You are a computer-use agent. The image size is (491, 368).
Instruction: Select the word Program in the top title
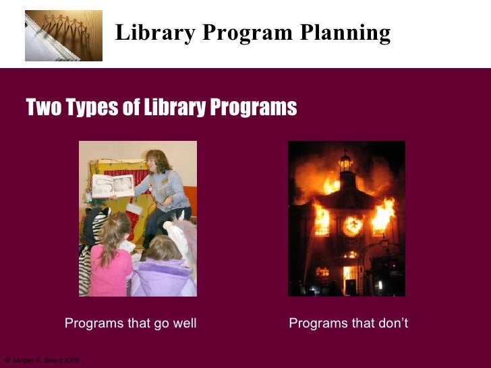coord(246,32)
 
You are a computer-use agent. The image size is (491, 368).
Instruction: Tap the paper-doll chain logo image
coord(63,35)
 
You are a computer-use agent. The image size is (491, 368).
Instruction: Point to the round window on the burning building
coord(351,225)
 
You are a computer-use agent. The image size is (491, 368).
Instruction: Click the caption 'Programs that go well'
coord(130,324)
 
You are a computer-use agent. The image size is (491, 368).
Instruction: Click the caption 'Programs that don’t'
coord(348,324)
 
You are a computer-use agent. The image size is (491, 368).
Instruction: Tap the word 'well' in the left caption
coord(184,324)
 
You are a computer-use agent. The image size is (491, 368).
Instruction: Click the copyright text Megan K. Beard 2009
coord(42,361)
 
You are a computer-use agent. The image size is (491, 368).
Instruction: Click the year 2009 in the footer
coord(71,361)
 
